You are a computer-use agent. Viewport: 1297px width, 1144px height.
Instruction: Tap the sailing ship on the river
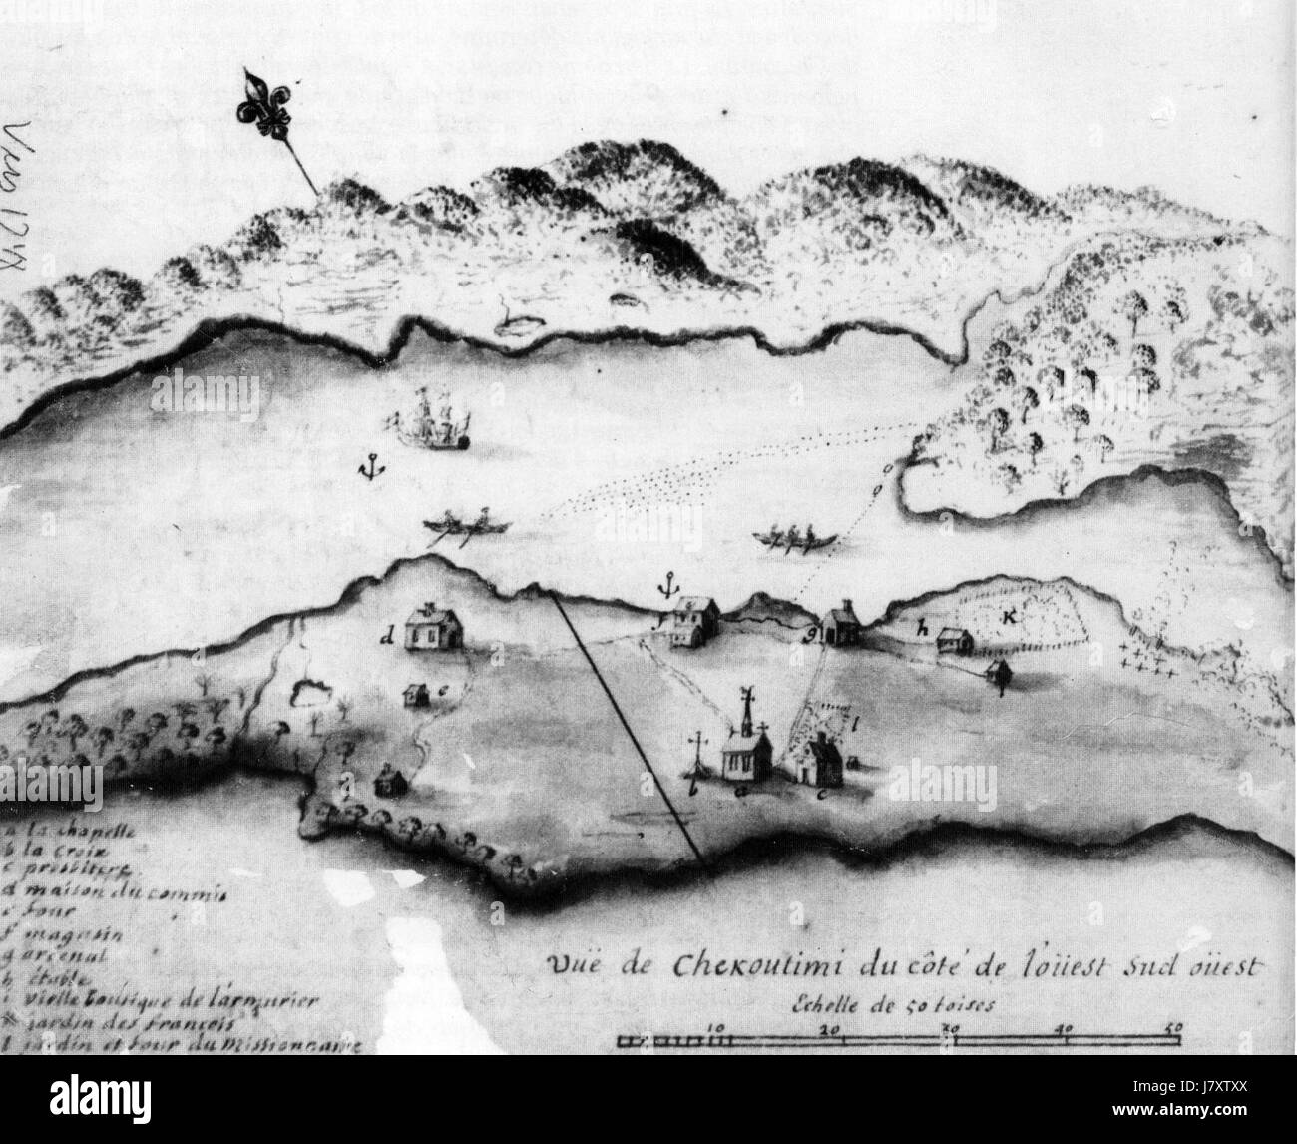coord(435,419)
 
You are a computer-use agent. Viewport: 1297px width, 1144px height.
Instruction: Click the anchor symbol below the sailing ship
coord(371,467)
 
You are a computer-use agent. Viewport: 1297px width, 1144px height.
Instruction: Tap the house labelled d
coord(435,628)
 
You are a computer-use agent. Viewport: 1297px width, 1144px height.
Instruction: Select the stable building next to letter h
coord(955,641)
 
